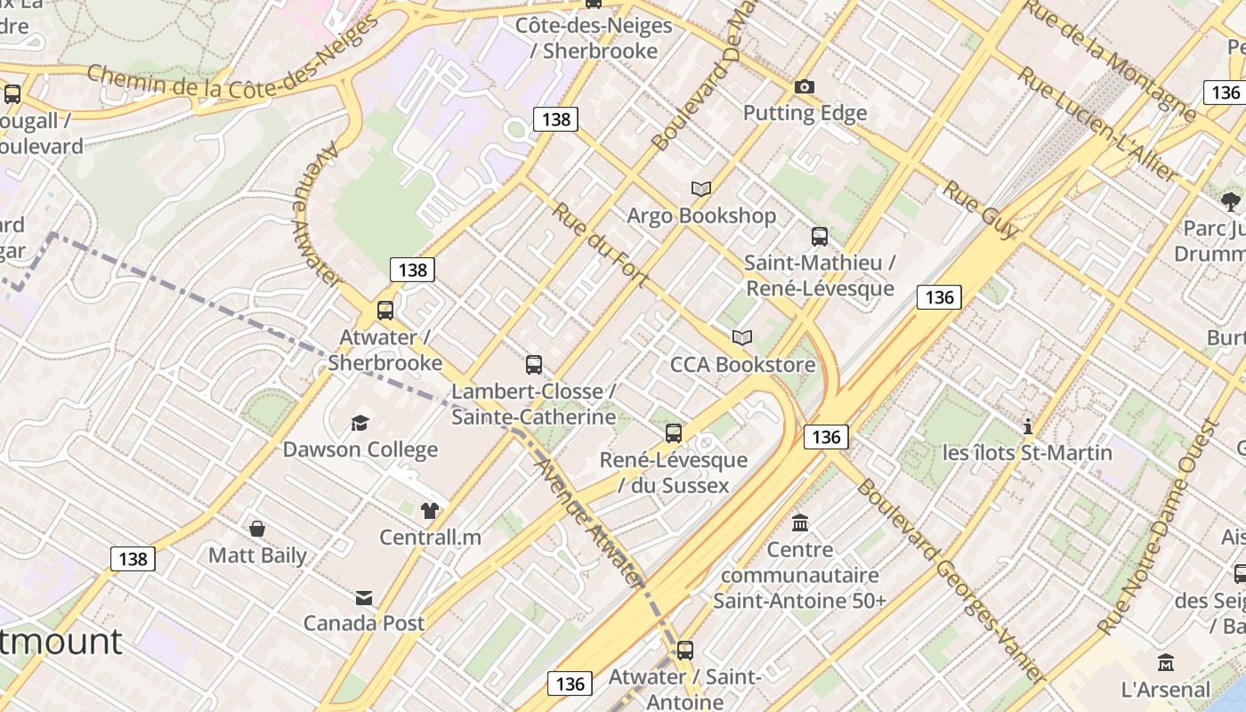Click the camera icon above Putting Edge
pos(805,86)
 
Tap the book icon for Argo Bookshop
pos(701,189)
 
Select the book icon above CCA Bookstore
pos(742,337)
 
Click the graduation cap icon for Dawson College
pos(360,423)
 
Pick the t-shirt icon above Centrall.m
pos(430,510)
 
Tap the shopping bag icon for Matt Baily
pos(257,529)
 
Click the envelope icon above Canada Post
pos(364,597)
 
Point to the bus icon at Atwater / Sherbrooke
pos(385,311)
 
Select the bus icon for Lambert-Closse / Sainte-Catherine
pos(534,364)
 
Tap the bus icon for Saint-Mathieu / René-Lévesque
pos(820,237)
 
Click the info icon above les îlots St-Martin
pos(1028,426)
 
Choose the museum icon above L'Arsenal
pos(1166,662)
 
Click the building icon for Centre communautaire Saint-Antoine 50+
pos(800,522)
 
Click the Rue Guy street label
pos(981,210)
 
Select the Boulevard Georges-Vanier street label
pos(951,581)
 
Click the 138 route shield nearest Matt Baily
pos(133,558)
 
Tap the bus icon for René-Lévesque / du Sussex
pos(674,433)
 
